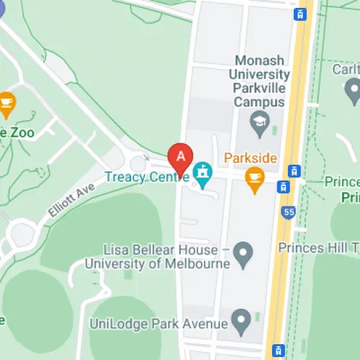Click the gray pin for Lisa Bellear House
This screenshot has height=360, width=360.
coord(245,253)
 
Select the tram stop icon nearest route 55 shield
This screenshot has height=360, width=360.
coord(285,186)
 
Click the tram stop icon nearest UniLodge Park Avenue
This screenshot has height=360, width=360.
coord(277,350)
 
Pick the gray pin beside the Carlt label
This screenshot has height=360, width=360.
coord(352,91)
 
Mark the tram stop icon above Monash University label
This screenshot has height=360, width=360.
coord(300,13)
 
